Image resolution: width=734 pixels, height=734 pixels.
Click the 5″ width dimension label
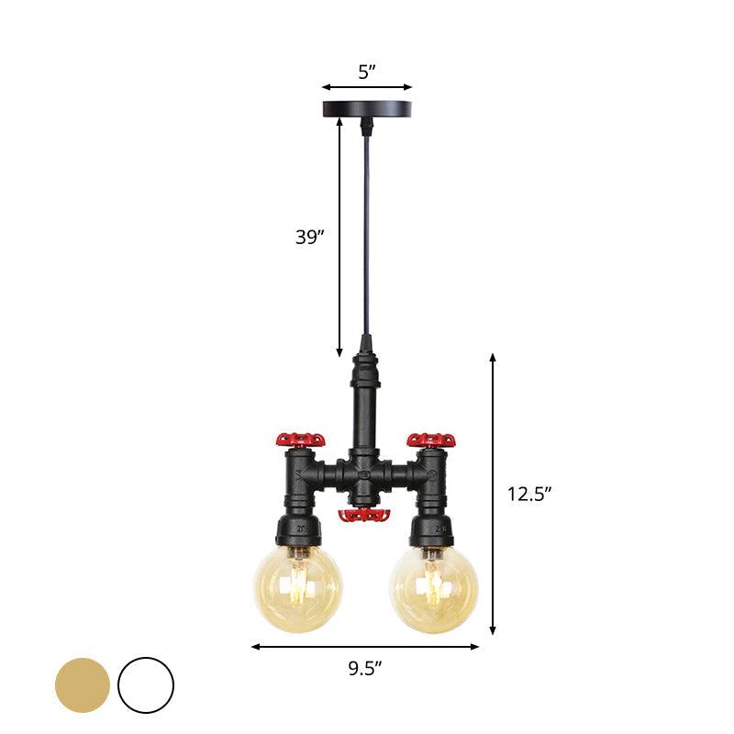[x=366, y=72]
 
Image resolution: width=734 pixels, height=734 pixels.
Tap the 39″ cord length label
[x=310, y=237]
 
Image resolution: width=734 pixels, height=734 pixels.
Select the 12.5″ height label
[x=529, y=494]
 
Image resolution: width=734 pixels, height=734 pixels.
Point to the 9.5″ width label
[x=365, y=669]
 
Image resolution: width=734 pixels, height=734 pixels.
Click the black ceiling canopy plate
[x=366, y=109]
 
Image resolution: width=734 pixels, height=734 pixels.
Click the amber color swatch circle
[x=83, y=684]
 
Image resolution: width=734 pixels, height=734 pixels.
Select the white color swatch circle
[x=146, y=684]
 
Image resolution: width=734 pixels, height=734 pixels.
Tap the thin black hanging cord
[x=366, y=229]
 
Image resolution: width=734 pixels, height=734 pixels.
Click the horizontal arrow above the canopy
[x=366, y=88]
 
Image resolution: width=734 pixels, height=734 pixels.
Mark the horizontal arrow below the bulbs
[x=365, y=647]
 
